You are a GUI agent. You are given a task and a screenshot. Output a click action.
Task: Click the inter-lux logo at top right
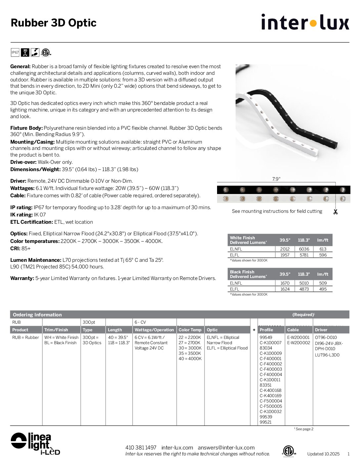[305, 22]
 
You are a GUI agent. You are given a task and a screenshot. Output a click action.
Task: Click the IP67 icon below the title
[15, 52]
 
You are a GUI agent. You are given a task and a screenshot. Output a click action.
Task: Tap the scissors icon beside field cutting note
[336, 212]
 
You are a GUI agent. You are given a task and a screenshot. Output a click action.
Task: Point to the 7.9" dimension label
[276, 179]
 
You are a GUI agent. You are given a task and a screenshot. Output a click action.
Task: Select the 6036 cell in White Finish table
[304, 249]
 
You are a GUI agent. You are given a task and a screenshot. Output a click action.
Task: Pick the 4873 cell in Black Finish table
[304, 289]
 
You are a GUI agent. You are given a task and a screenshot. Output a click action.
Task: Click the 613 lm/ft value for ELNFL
[323, 249]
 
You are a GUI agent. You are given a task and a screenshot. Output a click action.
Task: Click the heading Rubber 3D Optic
[54, 23]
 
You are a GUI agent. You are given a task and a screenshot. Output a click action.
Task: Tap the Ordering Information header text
[37, 314]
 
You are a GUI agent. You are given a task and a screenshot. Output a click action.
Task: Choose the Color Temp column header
[190, 330]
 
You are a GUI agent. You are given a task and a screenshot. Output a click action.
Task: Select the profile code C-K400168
[270, 390]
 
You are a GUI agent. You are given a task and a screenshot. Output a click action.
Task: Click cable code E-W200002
[298, 343]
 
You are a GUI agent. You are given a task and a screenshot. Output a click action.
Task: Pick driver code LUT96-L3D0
[327, 355]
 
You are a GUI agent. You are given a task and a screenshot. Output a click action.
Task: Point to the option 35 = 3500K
[190, 353]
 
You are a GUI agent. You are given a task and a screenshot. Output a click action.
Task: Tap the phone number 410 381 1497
[141, 447]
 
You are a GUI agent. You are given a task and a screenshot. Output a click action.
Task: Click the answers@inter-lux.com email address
[226, 447]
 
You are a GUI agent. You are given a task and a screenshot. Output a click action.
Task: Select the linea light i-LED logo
[35, 443]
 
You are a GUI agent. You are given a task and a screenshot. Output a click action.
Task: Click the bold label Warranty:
[22, 278]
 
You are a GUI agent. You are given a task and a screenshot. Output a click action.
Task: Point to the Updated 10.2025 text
[323, 454]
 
